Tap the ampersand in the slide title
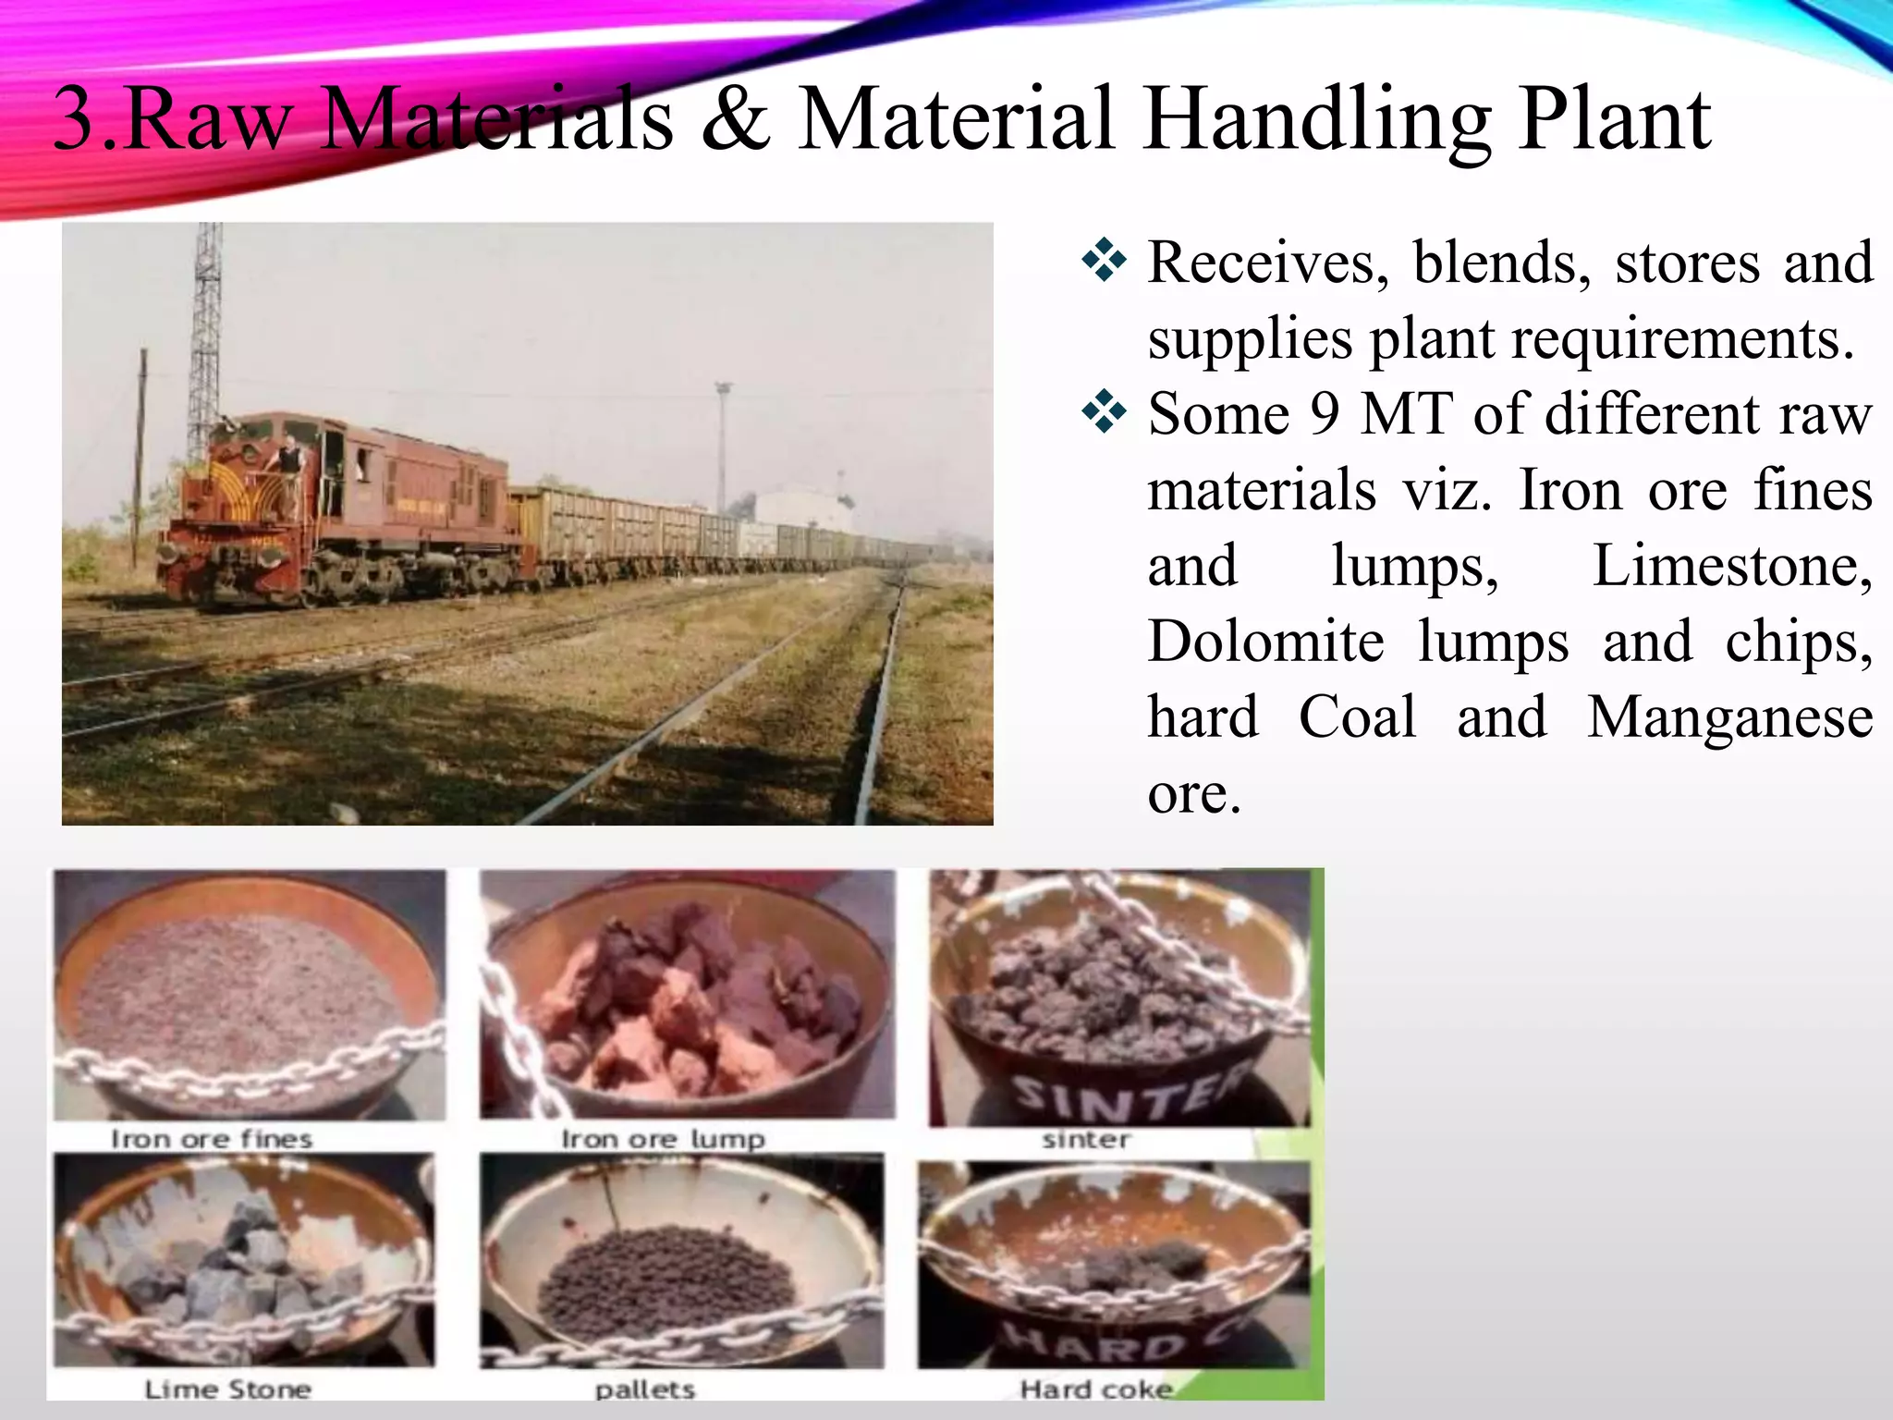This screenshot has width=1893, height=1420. tap(735, 120)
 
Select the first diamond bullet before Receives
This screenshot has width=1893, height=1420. tap(1104, 262)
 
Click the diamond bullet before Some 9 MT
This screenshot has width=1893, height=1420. tap(1104, 412)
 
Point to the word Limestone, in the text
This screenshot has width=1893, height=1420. tap(1732, 565)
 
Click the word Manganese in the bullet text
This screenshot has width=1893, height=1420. tap(1729, 716)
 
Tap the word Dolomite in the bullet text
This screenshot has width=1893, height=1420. tap(1265, 641)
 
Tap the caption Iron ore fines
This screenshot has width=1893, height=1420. tap(212, 1139)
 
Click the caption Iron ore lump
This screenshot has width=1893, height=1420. tap(663, 1139)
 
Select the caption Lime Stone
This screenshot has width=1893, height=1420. tap(227, 1389)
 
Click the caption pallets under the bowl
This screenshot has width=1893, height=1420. tap(644, 1389)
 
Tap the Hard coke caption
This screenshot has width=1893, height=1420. tap(1095, 1389)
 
